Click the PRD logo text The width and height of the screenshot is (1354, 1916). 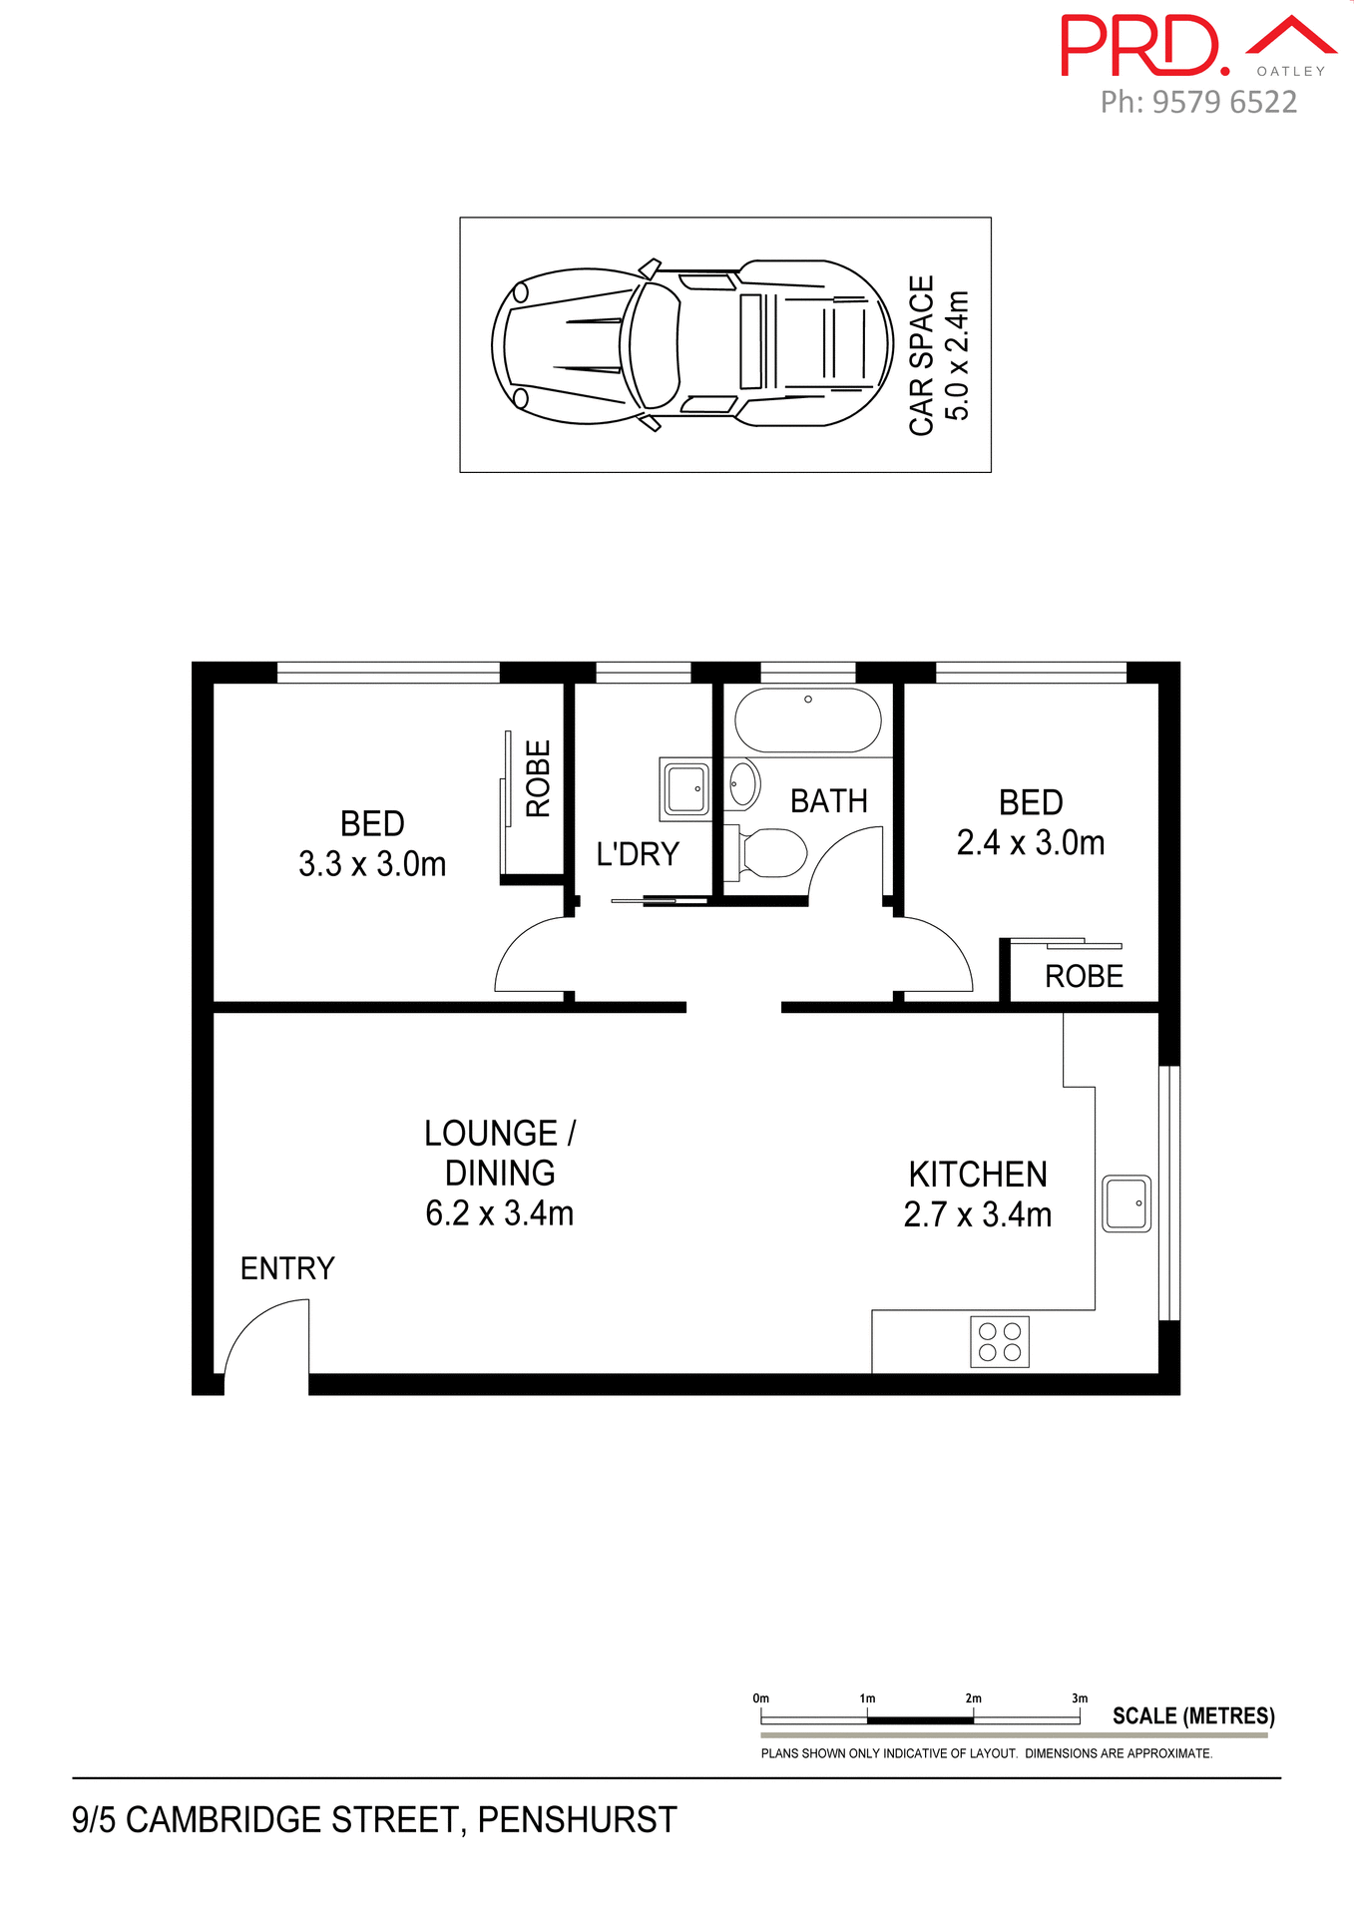[1142, 46]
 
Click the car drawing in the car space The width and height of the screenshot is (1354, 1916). [690, 344]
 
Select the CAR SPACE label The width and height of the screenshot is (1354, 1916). [922, 355]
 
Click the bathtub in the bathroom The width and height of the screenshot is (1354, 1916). [807, 719]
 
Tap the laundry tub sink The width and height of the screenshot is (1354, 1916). [686, 789]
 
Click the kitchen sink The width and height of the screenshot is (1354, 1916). [1127, 1202]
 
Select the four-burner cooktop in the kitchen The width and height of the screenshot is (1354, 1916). [999, 1341]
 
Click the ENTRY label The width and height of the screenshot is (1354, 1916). [287, 1268]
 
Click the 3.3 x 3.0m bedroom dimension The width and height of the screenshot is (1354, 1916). [372, 863]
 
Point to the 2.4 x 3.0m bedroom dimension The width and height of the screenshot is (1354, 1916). [1031, 843]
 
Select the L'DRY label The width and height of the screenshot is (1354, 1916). [638, 854]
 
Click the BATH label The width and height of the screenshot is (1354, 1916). [828, 801]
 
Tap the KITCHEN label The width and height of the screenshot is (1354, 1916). [978, 1175]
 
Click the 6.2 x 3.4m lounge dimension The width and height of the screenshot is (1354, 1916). [499, 1213]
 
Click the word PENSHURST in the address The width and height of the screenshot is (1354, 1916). [577, 1820]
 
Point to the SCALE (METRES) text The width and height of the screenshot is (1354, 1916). [1193, 1716]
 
